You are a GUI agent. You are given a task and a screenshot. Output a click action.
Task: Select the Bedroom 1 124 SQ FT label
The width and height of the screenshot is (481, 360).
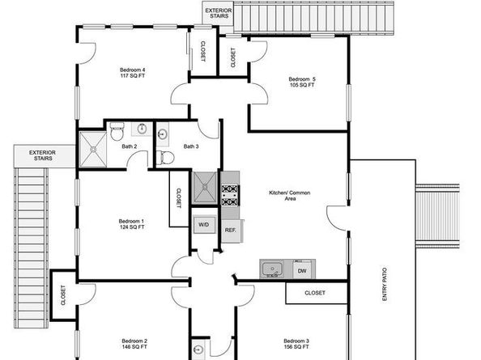[x=131, y=224]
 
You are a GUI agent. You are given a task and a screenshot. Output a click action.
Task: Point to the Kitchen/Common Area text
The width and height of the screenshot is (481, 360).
[x=290, y=195]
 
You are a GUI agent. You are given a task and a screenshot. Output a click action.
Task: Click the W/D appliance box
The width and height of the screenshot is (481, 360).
[x=202, y=225]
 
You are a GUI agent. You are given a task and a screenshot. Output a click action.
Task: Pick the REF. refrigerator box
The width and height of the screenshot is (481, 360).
[x=231, y=230]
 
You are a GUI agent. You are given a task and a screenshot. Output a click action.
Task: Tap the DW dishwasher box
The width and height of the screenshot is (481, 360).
[x=301, y=270]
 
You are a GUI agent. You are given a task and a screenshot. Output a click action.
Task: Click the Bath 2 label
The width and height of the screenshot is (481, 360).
[x=130, y=146]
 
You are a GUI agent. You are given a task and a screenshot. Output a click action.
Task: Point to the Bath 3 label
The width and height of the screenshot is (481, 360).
[x=190, y=146]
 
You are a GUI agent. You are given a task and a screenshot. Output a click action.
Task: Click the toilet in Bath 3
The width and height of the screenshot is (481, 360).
[x=167, y=157]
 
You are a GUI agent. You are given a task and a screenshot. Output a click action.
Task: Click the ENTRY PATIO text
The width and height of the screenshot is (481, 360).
[x=385, y=286]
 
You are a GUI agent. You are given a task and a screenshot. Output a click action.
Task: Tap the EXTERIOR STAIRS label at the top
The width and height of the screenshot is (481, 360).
[x=218, y=14]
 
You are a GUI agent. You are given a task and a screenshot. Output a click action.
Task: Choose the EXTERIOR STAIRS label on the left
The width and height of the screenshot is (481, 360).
[x=43, y=155]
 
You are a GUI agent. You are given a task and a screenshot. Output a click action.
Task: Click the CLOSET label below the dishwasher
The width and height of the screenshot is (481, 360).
[x=317, y=293]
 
